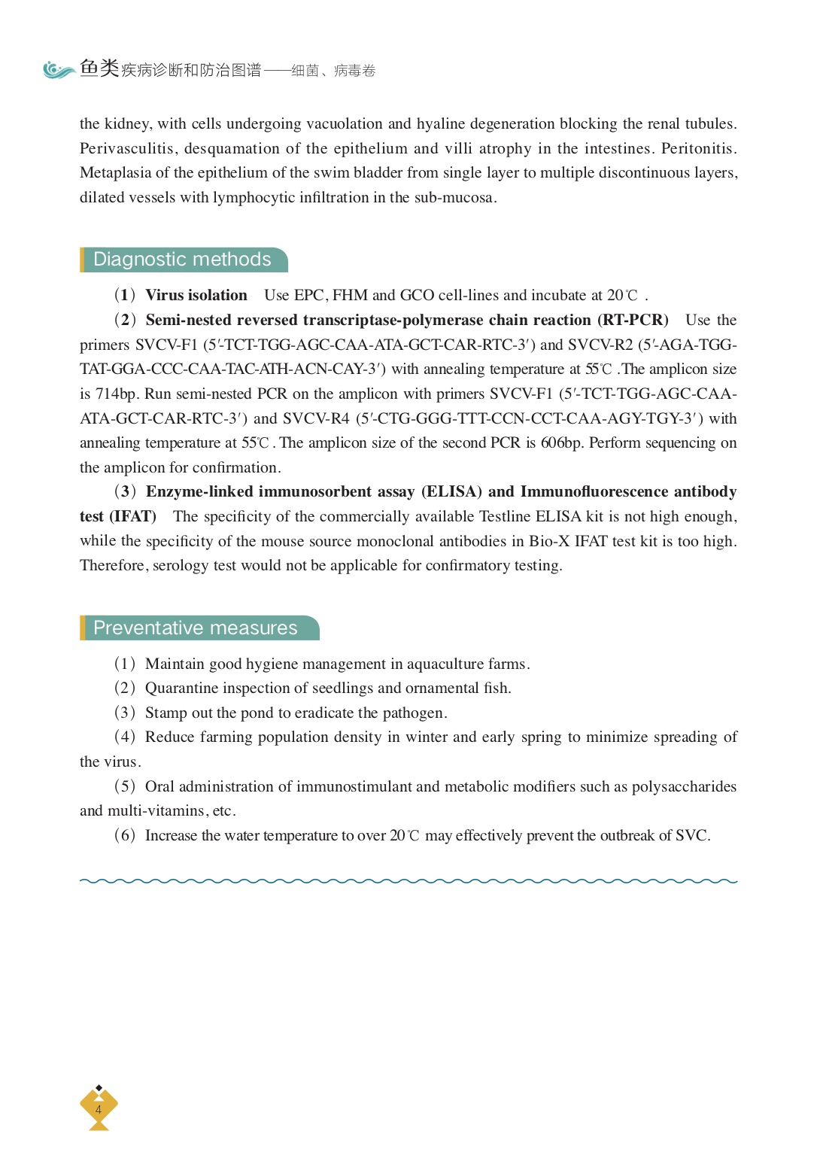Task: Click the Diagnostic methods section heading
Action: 182,260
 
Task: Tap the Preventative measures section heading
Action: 196,628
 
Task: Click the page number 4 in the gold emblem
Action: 99,1109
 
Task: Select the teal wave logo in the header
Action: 59,70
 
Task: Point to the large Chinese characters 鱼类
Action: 99,68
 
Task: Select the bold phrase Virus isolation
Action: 196,296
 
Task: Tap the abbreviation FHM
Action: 350,296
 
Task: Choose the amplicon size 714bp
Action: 117,394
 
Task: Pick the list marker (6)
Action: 125,835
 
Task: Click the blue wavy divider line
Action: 408,880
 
